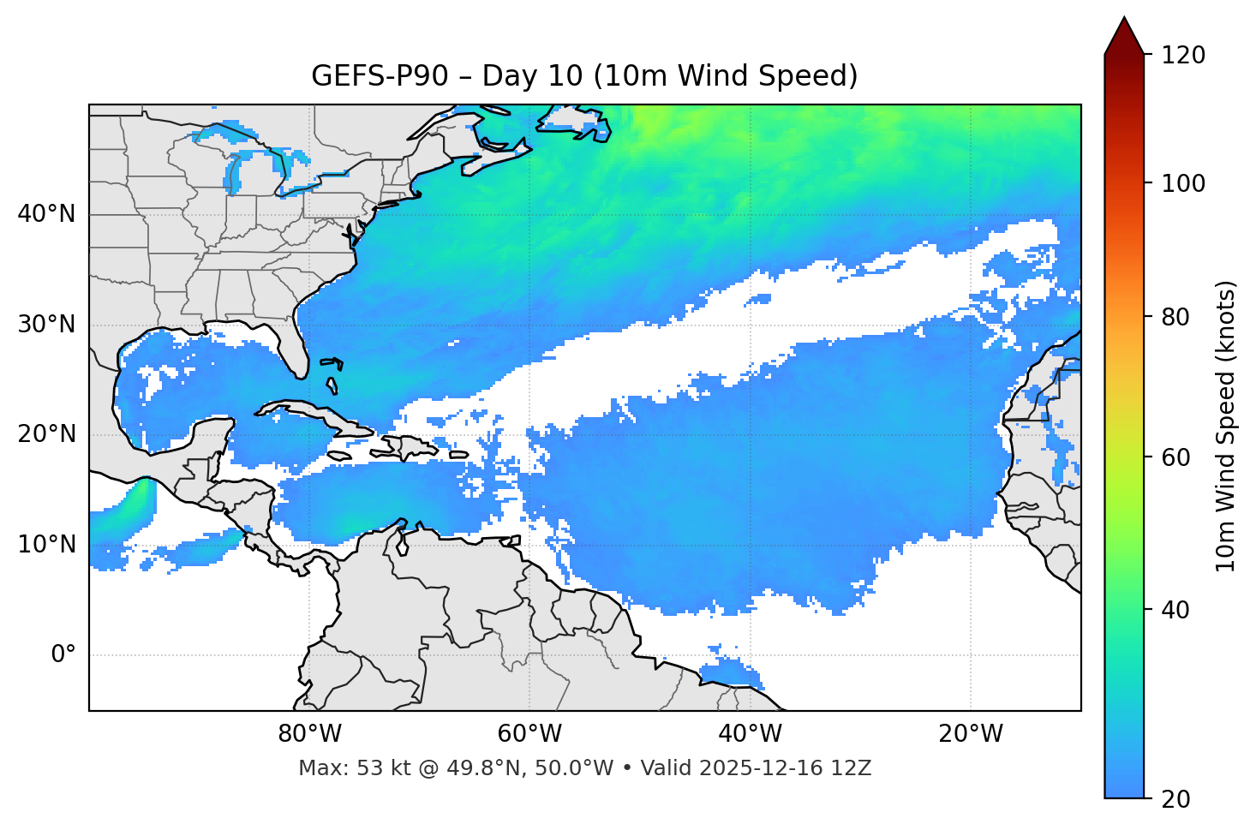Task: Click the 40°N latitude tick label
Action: [x=46, y=214]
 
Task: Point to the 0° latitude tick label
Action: [x=63, y=655]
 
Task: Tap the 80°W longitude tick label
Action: [x=309, y=734]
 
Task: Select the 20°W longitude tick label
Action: [x=970, y=734]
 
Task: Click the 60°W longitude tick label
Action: [x=529, y=734]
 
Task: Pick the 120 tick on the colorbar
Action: [x=1183, y=56]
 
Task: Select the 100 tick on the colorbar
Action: [x=1183, y=183]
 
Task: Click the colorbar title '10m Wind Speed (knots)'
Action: [x=1226, y=426]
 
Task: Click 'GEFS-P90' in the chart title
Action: [x=380, y=76]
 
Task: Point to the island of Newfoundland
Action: [x=572, y=120]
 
